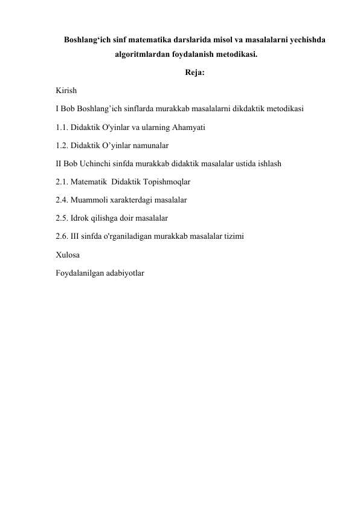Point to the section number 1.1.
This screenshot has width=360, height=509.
60,128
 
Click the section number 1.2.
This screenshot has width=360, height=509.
60,146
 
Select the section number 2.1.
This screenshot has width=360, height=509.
60,183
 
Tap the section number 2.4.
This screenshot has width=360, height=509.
60,201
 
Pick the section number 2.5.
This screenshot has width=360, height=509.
60,219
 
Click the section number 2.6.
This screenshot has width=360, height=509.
60,237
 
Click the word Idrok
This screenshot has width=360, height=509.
80,219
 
